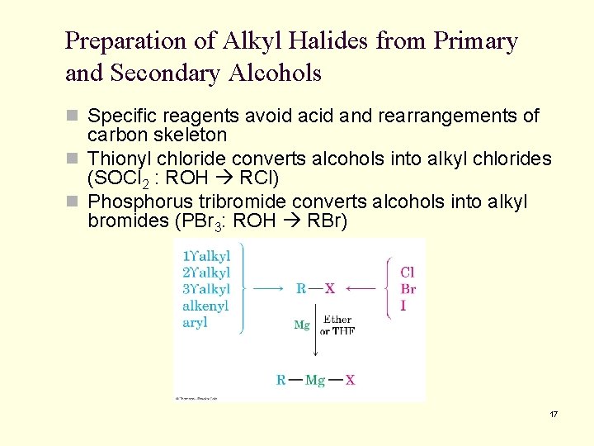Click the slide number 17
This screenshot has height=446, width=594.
pos(553,414)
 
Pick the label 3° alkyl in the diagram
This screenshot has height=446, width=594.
pos(206,289)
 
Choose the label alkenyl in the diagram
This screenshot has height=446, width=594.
pos(205,306)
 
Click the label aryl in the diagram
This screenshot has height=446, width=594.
pos(196,323)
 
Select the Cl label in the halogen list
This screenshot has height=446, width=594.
pos(408,273)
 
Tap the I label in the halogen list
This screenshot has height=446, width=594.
pos(403,306)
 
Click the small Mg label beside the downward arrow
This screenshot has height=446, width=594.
pos(302,325)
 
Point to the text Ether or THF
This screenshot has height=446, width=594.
pos(337,325)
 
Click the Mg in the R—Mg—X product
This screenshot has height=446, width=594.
pos(315,380)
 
